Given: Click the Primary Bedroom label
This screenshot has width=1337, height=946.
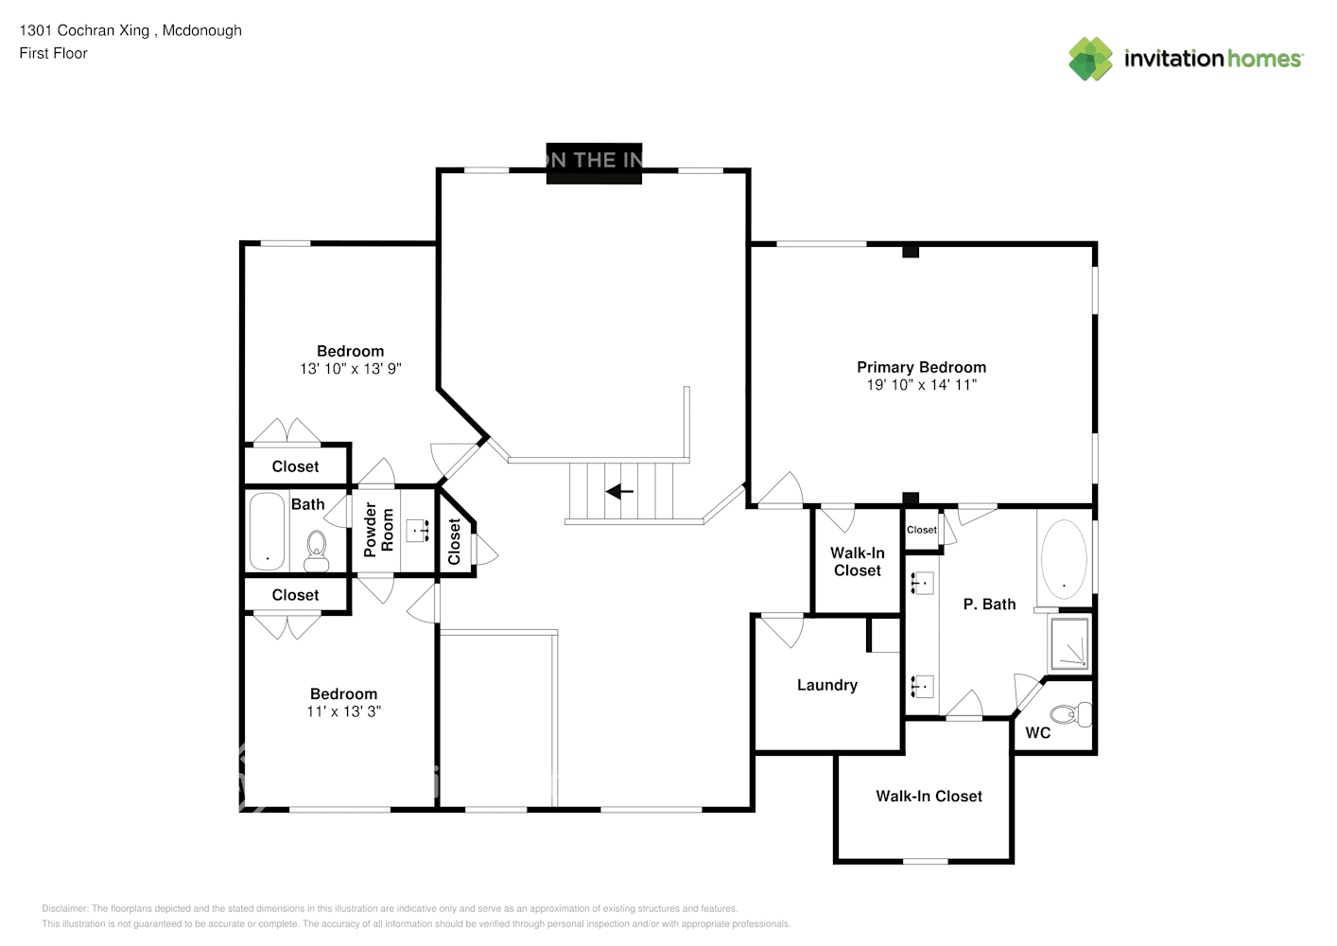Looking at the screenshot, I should click(x=921, y=367).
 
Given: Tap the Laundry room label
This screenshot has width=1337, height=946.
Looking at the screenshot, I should click(x=826, y=685).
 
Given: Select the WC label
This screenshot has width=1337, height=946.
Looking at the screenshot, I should click(x=1037, y=732).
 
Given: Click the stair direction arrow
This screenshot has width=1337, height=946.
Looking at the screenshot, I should click(x=619, y=491).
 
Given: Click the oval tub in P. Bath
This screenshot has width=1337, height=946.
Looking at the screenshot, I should click(x=1064, y=559).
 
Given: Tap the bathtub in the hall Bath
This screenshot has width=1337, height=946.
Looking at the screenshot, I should click(x=267, y=532).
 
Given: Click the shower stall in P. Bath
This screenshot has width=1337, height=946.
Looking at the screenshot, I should click(x=1070, y=643).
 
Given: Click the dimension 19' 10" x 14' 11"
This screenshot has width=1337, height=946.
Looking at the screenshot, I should click(x=921, y=385).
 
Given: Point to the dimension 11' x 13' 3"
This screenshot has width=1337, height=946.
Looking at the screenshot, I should click(x=343, y=711).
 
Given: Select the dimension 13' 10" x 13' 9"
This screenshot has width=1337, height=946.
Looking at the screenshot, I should click(x=350, y=369).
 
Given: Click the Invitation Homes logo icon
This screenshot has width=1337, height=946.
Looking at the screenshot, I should click(x=1090, y=59).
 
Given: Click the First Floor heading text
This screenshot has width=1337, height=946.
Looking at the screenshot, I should click(x=53, y=53).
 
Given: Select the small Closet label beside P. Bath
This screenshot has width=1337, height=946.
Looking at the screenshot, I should click(x=921, y=530).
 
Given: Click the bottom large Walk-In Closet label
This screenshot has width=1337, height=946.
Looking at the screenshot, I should click(x=929, y=797).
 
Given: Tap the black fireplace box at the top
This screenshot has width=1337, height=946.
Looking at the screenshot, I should click(x=594, y=162).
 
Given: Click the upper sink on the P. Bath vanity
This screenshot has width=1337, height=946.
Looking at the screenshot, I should click(x=923, y=584).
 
